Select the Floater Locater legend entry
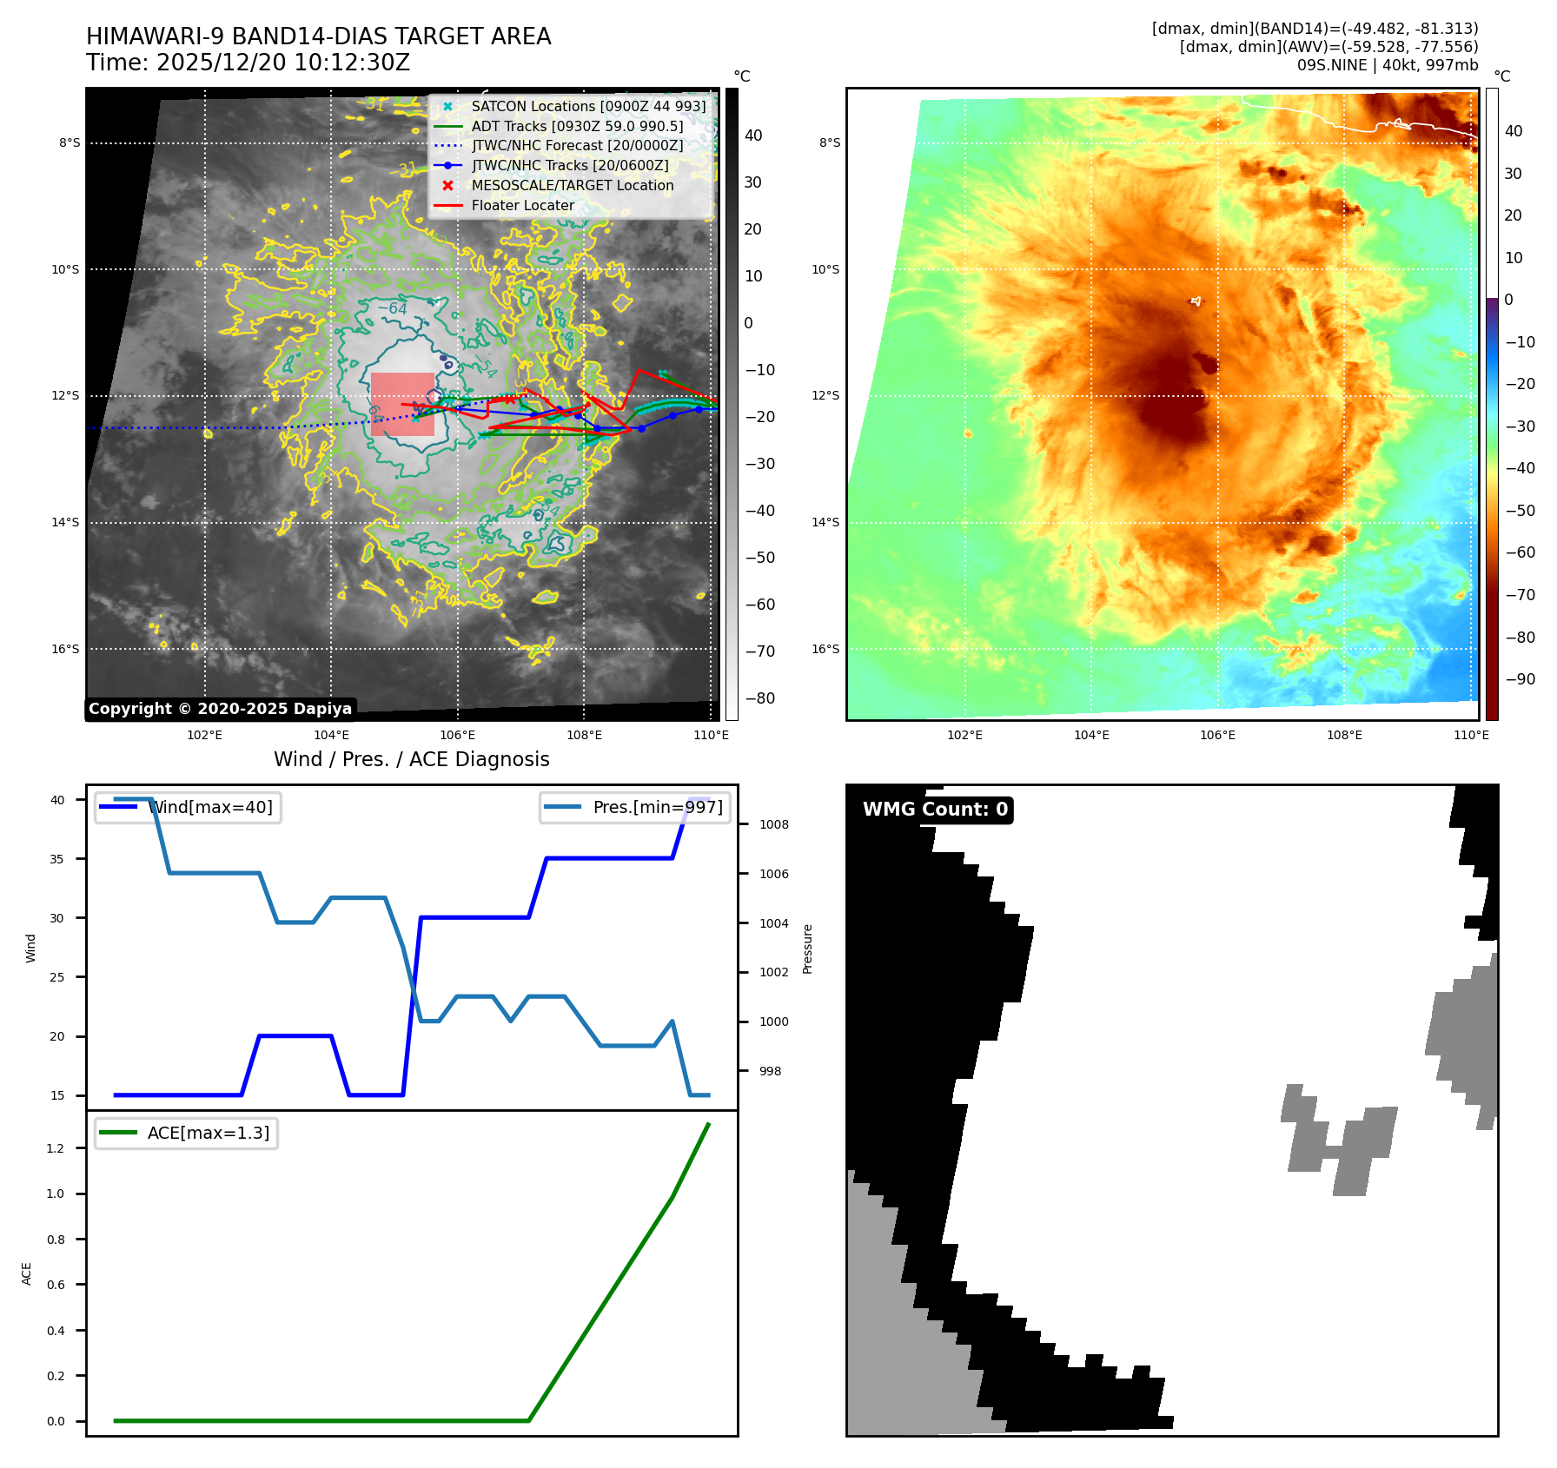point(522,206)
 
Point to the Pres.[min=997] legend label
point(657,807)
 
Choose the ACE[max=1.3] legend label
point(208,1133)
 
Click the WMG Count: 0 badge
point(935,810)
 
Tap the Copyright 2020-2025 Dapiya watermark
point(220,709)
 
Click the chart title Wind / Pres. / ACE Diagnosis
point(411,759)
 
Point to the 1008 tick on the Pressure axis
point(773,824)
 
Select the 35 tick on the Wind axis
point(57,859)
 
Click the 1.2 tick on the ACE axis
point(56,1148)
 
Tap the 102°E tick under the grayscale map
point(205,735)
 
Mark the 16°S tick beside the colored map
point(825,649)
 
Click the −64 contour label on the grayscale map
point(392,308)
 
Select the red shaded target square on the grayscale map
point(402,404)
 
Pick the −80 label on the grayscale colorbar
point(760,698)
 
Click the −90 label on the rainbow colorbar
point(1520,679)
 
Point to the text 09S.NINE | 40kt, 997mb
point(1387,65)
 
